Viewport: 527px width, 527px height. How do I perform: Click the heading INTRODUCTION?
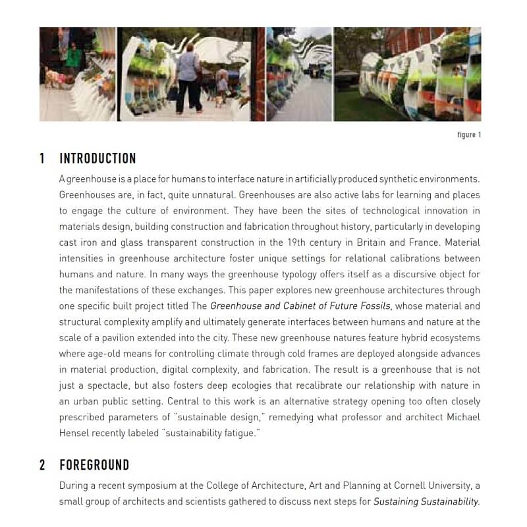(97, 159)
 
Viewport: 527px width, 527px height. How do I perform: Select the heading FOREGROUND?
(94, 465)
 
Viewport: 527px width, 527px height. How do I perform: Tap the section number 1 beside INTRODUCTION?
(42, 159)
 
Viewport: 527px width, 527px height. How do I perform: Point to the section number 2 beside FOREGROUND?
(42, 465)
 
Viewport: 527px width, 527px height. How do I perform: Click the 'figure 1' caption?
(469, 135)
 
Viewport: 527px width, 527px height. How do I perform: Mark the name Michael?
(462, 417)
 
